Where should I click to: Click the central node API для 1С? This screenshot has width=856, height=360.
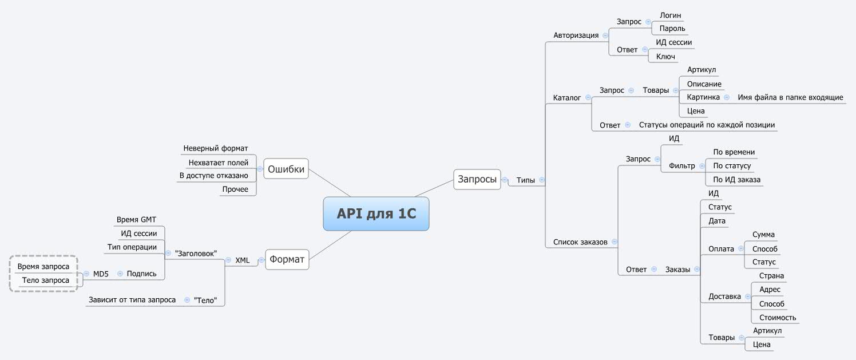(376, 213)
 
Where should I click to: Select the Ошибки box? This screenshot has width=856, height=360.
(286, 169)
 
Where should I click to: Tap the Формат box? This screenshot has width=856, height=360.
(287, 259)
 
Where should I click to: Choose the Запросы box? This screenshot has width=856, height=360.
(477, 179)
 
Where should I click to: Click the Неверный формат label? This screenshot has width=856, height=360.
(216, 148)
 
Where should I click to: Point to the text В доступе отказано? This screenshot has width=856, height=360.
(213, 175)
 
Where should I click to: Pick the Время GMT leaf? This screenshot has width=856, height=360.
(136, 219)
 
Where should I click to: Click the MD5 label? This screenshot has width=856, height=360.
(101, 274)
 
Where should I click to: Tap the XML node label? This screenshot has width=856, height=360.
(243, 260)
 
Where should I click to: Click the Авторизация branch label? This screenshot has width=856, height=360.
(576, 35)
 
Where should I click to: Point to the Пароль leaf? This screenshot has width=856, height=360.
(672, 28)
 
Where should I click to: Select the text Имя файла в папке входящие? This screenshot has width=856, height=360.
(790, 97)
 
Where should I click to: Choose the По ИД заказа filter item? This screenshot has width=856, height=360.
(736, 180)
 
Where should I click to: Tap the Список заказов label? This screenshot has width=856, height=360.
(580, 242)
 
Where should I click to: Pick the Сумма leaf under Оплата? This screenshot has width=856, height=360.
(763, 235)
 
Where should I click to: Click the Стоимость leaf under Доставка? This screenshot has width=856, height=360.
(778, 318)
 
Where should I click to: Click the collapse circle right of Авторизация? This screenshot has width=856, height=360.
(605, 35)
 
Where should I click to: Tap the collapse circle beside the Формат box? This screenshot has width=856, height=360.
(261, 260)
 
